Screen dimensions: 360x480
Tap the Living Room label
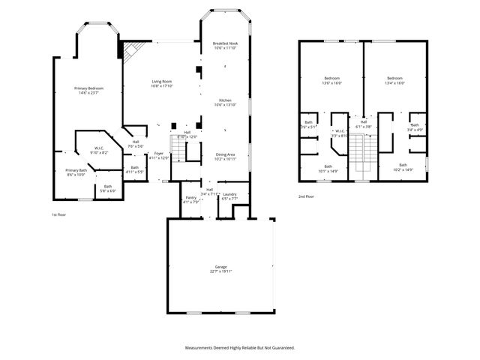pyautogui.click(x=162, y=81)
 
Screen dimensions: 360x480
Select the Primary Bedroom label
pyautogui.click(x=88, y=88)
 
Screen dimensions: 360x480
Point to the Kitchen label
pyautogui.click(x=225, y=100)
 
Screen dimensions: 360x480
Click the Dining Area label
pyautogui.click(x=226, y=154)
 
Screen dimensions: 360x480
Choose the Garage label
pyautogui.click(x=220, y=266)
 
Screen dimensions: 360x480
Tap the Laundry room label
pyautogui.click(x=229, y=194)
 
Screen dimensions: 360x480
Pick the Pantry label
pyautogui.click(x=190, y=198)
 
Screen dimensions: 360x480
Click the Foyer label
pyautogui.click(x=158, y=154)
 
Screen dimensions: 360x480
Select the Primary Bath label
pyautogui.click(x=76, y=169)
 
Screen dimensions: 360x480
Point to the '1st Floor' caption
pyautogui.click(x=59, y=214)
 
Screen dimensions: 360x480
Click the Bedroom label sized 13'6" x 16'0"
pyautogui.click(x=332, y=78)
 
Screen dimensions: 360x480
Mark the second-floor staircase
pyautogui.click(x=364, y=154)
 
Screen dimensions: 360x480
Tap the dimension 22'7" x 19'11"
pyautogui.click(x=220, y=271)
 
